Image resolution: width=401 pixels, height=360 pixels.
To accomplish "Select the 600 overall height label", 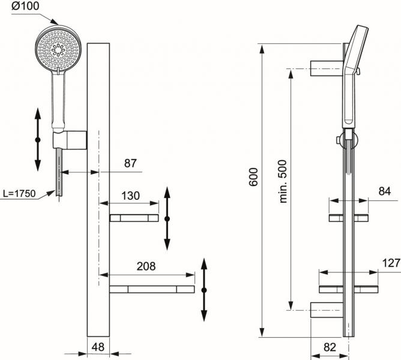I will [x=253, y=177].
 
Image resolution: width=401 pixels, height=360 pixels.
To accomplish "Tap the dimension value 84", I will [x=384, y=191].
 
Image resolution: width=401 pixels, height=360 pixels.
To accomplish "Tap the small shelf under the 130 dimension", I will [x=134, y=218].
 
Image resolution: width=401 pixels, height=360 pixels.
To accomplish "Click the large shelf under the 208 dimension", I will [x=152, y=289].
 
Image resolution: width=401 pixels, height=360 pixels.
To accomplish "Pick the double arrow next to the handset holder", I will [x=37, y=139].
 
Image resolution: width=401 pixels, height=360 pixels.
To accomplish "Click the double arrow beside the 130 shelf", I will [x=167, y=218].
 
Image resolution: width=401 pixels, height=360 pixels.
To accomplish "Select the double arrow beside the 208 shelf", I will [x=204, y=290].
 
